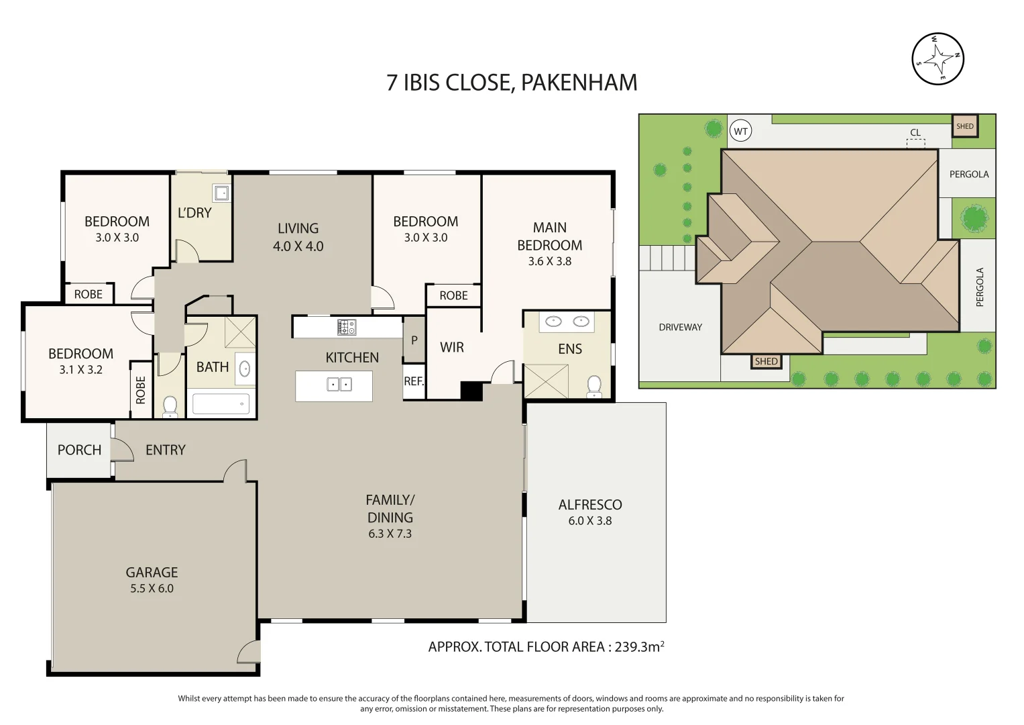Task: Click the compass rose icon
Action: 937,59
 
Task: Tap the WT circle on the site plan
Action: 740,132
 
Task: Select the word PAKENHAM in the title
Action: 579,83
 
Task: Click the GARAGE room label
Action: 152,572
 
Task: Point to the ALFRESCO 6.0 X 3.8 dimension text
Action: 589,521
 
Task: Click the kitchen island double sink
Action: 339,385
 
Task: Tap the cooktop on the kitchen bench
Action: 347,328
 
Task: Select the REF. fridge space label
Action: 414,381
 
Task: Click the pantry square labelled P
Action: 414,340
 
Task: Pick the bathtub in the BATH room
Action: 221,403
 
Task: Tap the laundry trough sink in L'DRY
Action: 221,193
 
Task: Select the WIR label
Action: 452,348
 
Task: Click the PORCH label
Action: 80,450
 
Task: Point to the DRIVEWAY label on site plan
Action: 680,328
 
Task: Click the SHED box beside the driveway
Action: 766,362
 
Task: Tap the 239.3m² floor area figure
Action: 639,646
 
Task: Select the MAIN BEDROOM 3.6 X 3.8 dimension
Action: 549,261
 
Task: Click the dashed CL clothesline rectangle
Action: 915,144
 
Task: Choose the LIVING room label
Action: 298,228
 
